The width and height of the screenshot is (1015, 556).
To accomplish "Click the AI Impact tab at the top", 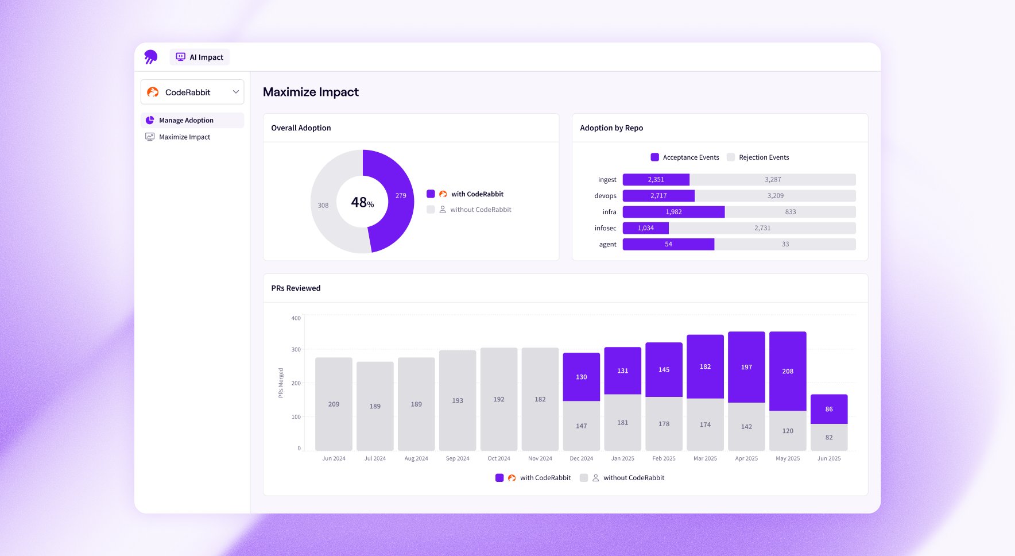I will tap(200, 57).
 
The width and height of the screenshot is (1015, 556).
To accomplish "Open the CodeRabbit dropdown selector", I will tap(192, 92).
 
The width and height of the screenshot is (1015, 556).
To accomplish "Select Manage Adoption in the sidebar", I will tap(186, 120).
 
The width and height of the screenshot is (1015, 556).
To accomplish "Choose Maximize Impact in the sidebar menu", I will tap(184, 137).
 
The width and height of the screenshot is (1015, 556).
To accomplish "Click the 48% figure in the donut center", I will tap(362, 202).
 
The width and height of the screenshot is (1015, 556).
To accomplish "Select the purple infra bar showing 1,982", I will tap(673, 212).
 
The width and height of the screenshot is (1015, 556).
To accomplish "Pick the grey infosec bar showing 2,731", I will tap(762, 228).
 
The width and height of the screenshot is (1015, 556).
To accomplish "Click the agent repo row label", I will tap(607, 244).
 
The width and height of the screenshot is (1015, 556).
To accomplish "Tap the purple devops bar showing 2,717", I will tap(658, 196).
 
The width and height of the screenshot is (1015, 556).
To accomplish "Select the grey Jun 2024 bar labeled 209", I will tap(334, 404).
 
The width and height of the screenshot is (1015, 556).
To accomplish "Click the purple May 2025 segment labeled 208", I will tap(788, 371).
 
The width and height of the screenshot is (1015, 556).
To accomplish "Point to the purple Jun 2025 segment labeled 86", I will tap(829, 409).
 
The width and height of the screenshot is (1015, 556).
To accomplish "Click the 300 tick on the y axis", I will tap(296, 349).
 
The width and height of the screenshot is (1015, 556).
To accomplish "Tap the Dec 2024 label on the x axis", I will tap(581, 458).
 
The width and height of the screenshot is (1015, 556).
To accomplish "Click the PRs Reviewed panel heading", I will tap(296, 288).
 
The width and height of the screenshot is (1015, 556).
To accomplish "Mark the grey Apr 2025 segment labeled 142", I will tap(746, 427).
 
